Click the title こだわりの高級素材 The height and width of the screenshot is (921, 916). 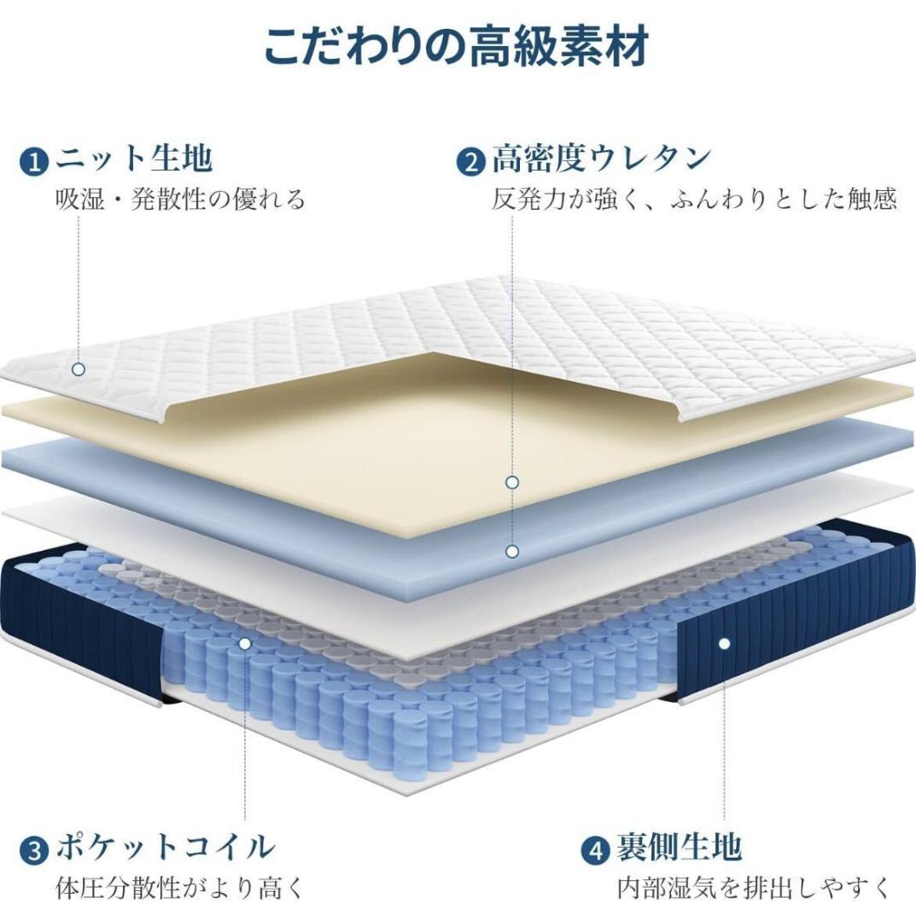tap(456, 46)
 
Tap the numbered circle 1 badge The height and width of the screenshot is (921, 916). tap(35, 161)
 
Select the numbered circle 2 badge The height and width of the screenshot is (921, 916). tap(471, 161)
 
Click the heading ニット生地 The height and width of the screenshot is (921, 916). tap(134, 159)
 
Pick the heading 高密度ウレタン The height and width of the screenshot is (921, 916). tap(602, 159)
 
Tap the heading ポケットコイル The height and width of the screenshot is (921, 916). tap(166, 848)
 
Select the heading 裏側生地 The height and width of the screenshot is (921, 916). tap(679, 848)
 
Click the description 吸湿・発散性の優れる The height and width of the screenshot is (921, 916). tap(180, 200)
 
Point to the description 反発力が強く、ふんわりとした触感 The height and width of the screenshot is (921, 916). tap(694, 200)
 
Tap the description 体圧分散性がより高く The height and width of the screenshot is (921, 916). tap(180, 888)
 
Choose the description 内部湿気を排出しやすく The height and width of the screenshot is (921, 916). tap(755, 888)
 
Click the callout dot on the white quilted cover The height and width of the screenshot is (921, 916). tap(79, 369)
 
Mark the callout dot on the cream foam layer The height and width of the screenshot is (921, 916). tap(512, 483)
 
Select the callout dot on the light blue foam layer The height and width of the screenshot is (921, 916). tap(512, 552)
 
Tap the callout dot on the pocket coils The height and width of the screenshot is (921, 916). tap(245, 644)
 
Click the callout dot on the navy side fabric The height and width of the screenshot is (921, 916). tap(724, 644)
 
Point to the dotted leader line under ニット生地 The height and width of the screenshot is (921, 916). tap(79, 289)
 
